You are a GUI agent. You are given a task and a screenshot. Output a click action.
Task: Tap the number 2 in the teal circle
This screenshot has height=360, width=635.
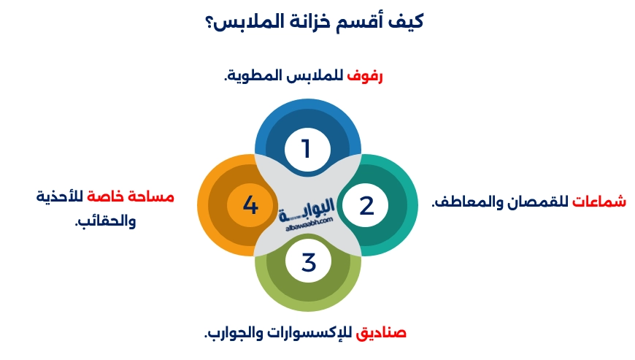tap(366, 205)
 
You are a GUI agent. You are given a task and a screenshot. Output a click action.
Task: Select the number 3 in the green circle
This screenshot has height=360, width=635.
tap(308, 261)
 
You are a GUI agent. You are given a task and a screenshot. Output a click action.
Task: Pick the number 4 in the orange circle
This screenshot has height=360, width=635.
tap(250, 205)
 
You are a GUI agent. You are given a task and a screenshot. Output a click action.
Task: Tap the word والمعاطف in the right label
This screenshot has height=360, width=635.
tap(464, 202)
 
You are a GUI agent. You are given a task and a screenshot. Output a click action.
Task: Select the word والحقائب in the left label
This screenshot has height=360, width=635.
tap(106, 221)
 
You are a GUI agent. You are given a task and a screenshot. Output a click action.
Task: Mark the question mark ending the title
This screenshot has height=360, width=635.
tap(210, 22)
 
